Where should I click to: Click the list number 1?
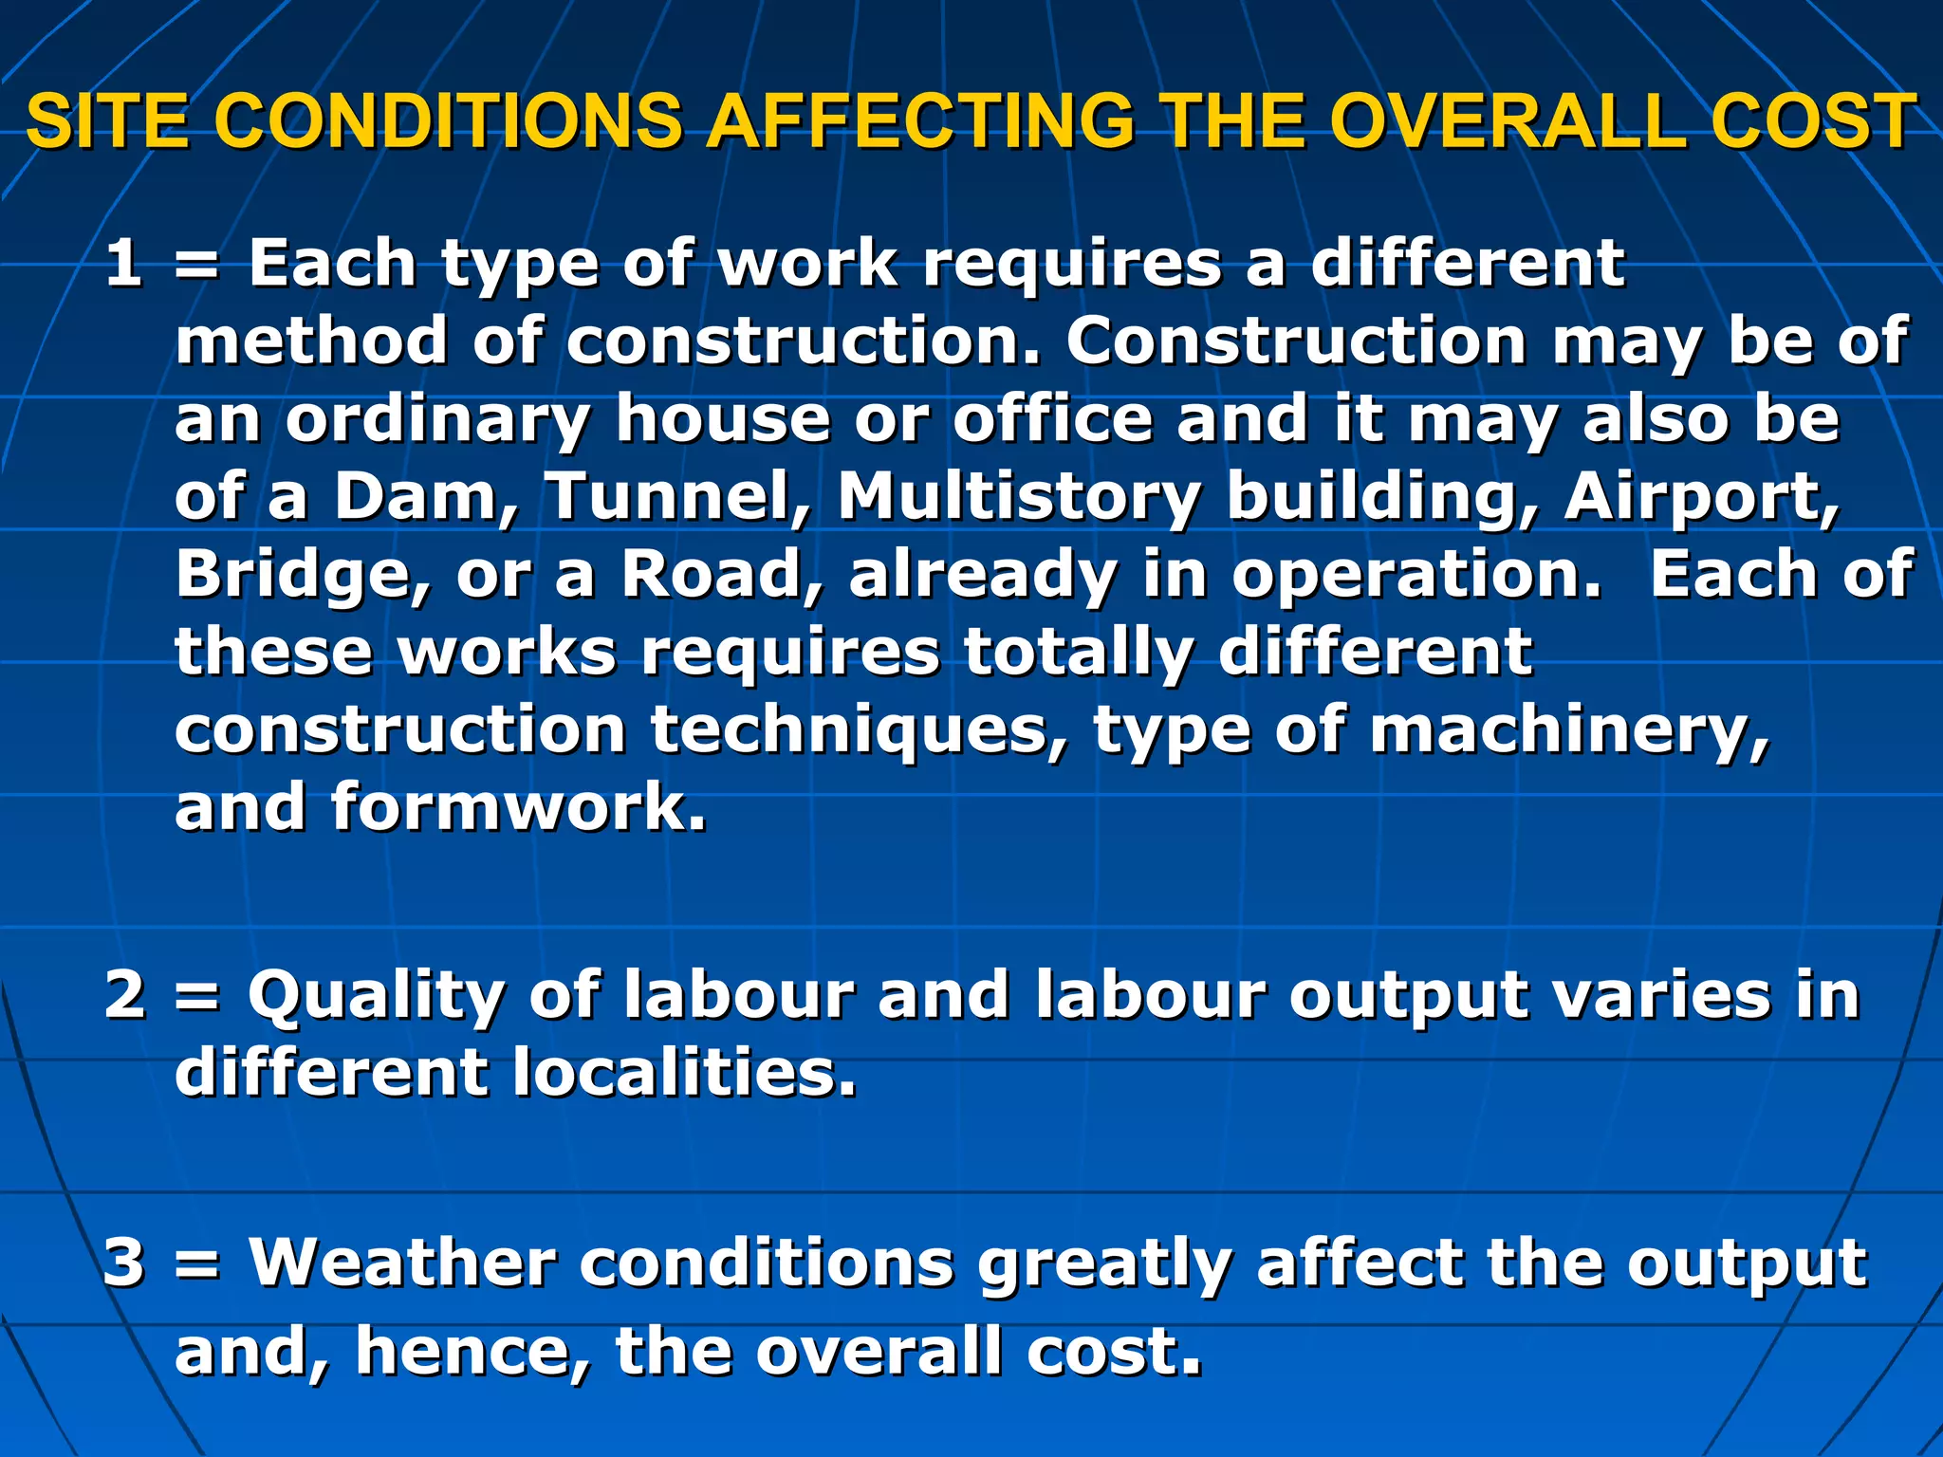coord(123,263)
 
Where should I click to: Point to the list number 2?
coord(124,995)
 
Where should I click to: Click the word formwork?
coord(518,807)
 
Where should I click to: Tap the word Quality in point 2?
coord(376,997)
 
